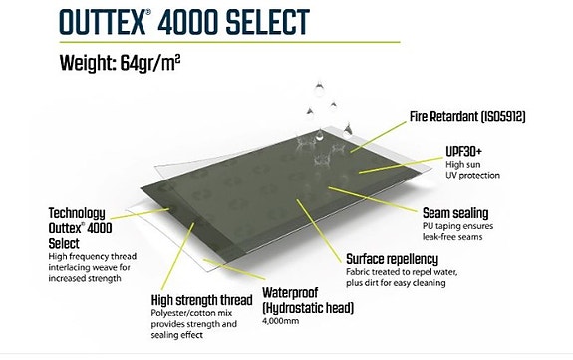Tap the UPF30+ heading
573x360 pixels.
pyautogui.click(x=462, y=150)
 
